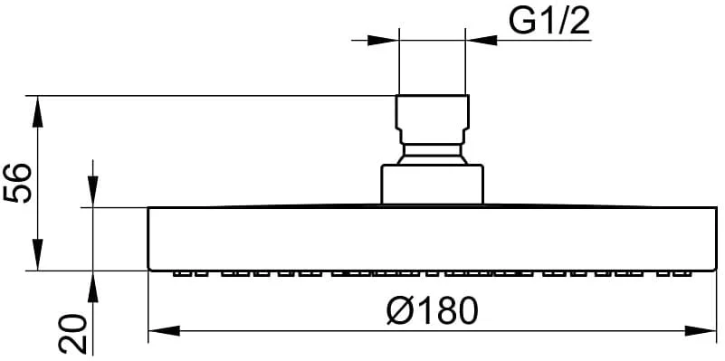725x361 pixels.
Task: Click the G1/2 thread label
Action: tap(549, 21)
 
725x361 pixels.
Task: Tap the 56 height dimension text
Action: tap(18, 183)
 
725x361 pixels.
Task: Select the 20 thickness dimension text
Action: tap(72, 334)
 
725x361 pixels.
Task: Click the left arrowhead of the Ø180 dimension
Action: tap(164, 330)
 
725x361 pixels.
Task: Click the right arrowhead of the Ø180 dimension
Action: tap(701, 330)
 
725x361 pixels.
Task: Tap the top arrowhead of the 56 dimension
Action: tap(37, 111)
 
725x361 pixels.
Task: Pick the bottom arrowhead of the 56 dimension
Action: tap(37, 254)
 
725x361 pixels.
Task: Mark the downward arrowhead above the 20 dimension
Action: tap(93, 192)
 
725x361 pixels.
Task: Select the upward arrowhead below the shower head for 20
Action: tap(93, 287)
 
